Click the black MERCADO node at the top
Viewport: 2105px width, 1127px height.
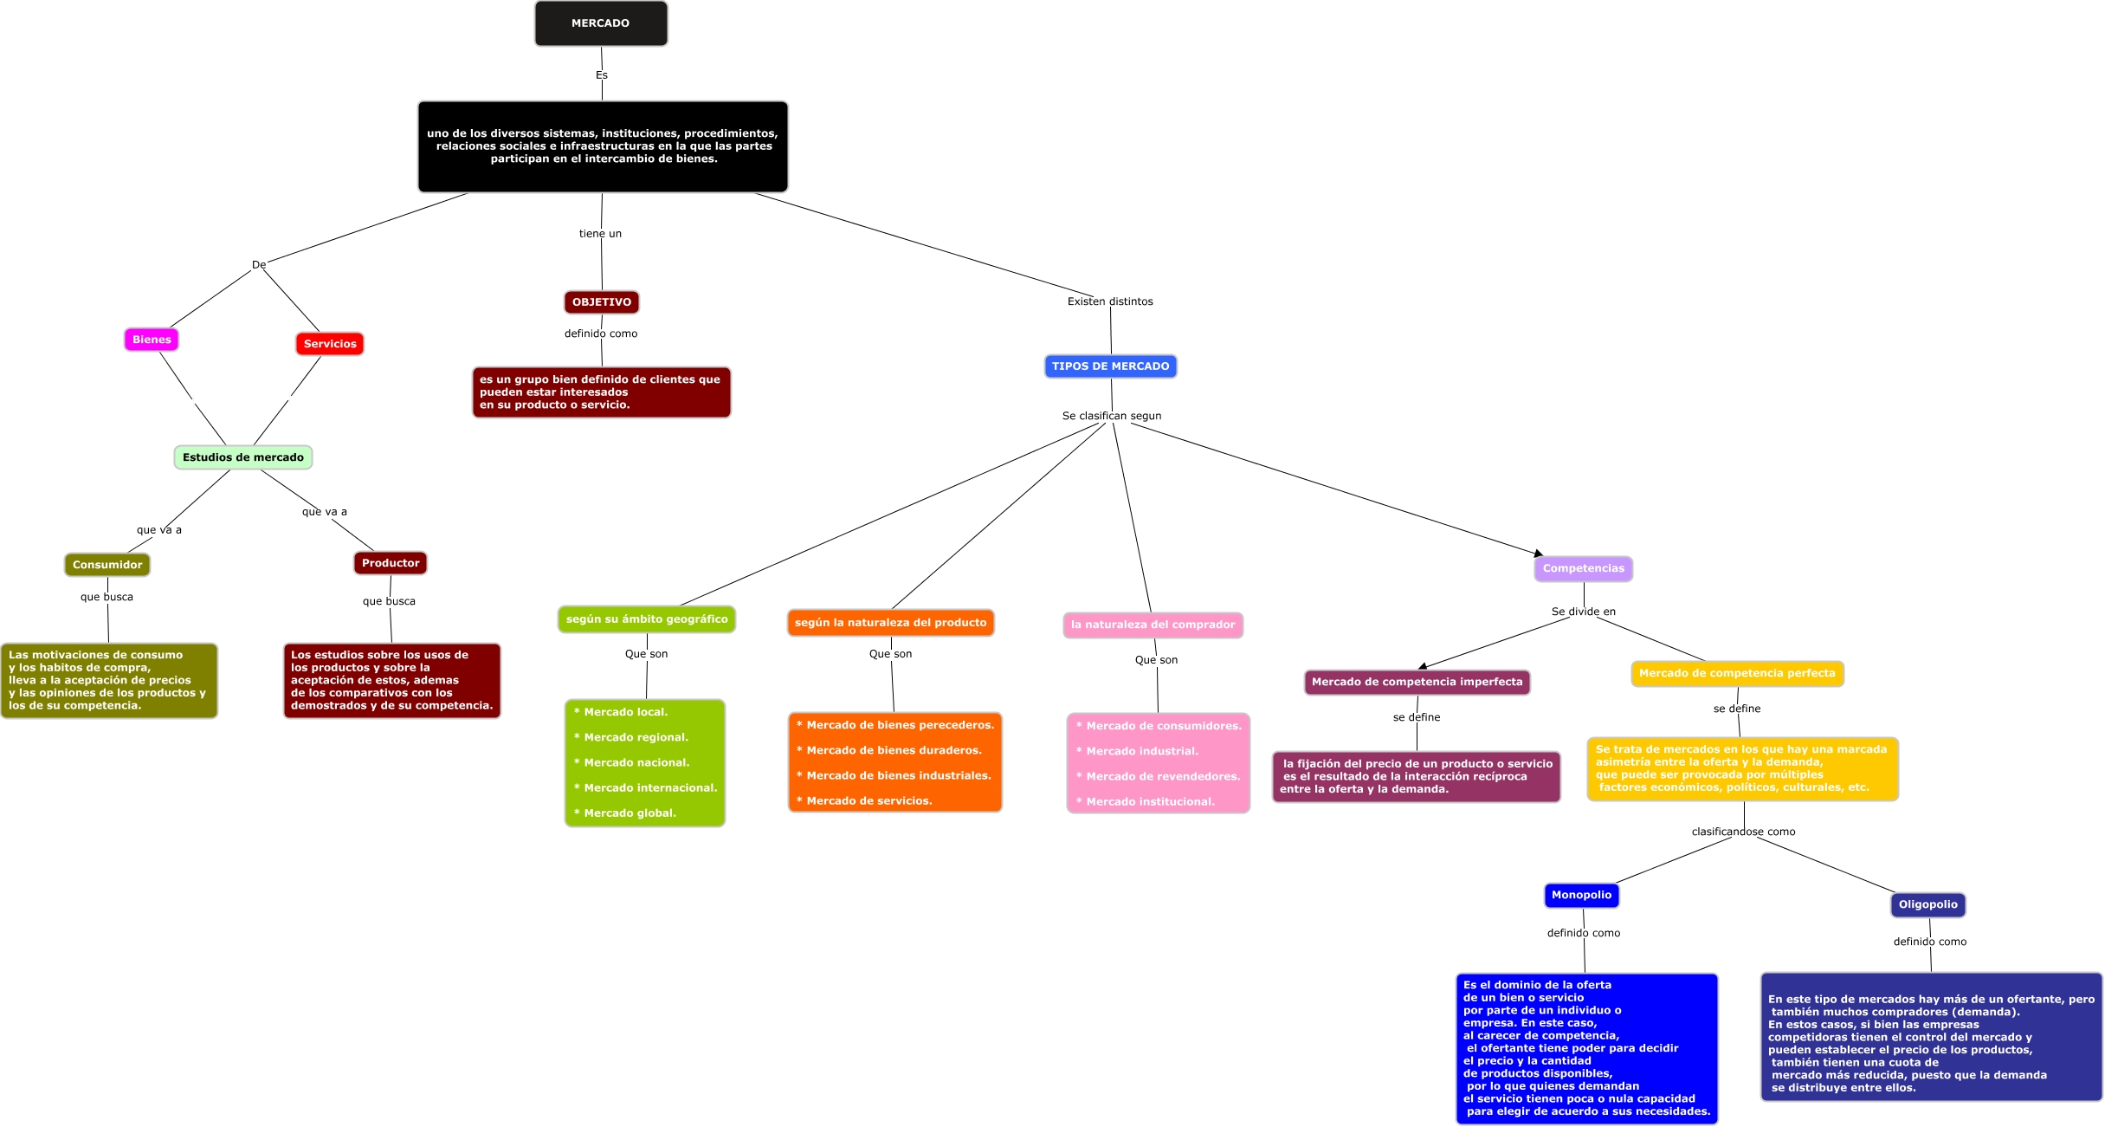[x=601, y=23]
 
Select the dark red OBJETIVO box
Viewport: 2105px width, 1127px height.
[x=602, y=302]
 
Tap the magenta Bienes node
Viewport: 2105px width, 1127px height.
[x=152, y=340]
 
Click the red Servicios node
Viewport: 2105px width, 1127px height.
[x=330, y=344]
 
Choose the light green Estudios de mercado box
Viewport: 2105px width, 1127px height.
[x=243, y=457]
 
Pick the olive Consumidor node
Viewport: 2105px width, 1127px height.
[x=107, y=565]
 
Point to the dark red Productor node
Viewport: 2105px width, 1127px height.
[x=391, y=563]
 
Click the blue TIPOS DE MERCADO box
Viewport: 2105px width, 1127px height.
[x=1110, y=366]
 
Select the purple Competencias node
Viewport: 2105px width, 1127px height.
[x=1583, y=568]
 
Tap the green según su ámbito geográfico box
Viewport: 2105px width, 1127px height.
[x=647, y=619]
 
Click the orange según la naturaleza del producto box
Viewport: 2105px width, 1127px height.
[x=890, y=623]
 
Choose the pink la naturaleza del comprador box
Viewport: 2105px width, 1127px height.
[x=1153, y=625]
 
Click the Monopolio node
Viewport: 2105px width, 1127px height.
[x=1581, y=895]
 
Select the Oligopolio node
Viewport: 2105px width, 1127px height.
[x=1927, y=904]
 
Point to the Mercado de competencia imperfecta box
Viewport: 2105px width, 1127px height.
[x=1417, y=682]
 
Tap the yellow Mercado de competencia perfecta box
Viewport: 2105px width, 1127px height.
[x=1737, y=673]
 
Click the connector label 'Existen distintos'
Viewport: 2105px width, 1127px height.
[x=1110, y=301]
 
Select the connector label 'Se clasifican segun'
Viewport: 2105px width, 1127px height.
[x=1112, y=416]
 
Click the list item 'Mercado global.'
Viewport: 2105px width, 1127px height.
[x=630, y=813]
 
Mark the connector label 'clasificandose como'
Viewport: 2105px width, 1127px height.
[x=1743, y=832]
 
